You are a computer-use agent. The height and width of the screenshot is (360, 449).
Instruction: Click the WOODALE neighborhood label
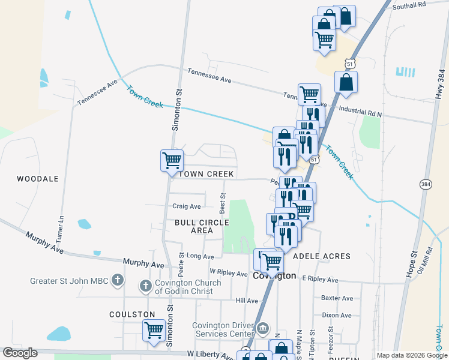click(37, 179)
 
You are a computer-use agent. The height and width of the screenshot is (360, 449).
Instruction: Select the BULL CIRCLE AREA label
click(202, 226)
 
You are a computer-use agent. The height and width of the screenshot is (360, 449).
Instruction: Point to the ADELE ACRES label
click(321, 256)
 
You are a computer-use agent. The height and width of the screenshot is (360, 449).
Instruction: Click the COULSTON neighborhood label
click(132, 314)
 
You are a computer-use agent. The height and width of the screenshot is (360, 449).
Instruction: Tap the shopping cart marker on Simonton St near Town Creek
click(172, 160)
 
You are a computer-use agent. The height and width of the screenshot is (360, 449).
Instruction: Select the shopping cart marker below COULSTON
click(154, 329)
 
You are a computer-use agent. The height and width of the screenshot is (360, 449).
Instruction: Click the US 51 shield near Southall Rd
click(351, 63)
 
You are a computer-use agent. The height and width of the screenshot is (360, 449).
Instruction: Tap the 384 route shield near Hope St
click(426, 184)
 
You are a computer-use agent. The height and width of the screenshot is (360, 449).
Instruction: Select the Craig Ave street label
click(187, 206)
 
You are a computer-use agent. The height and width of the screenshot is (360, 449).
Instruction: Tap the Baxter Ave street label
click(337, 298)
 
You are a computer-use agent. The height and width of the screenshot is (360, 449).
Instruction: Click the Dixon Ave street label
click(337, 314)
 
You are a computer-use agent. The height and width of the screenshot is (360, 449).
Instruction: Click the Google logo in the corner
click(20, 353)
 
